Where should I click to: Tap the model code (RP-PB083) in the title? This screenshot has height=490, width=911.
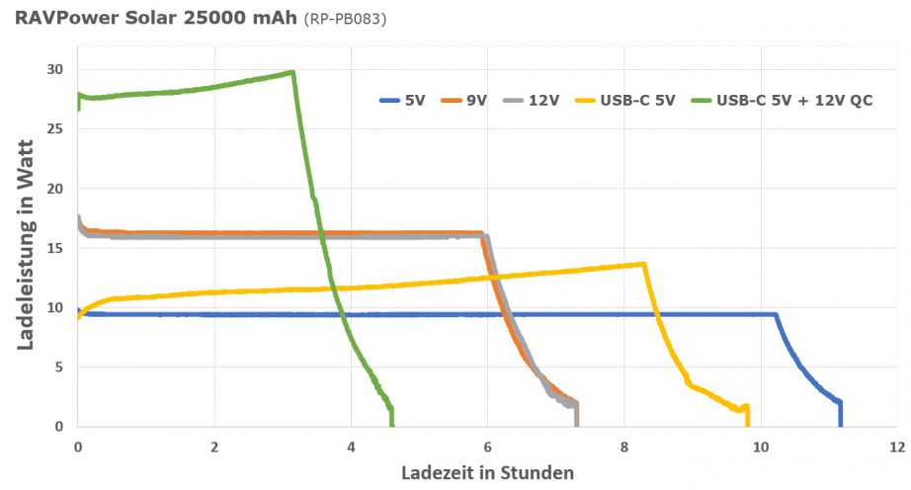pos(344,18)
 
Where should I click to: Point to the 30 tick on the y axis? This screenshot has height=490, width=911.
pos(56,69)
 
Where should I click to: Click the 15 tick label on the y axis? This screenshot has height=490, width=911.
pos(56,248)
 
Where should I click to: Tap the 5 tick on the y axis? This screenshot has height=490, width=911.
pos(60,367)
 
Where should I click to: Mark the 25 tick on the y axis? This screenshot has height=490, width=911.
pos(56,128)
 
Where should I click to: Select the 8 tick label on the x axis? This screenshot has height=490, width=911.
pos(624,446)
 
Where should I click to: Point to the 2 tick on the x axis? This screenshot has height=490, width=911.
pos(214,446)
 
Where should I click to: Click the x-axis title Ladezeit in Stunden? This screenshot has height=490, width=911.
pos(487,472)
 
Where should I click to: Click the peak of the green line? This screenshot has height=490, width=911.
pos(292,72)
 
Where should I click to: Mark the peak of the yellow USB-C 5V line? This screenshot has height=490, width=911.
pos(643,264)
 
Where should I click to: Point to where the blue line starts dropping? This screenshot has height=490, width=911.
pos(776,315)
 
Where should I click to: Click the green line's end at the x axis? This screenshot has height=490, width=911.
pos(392,426)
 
